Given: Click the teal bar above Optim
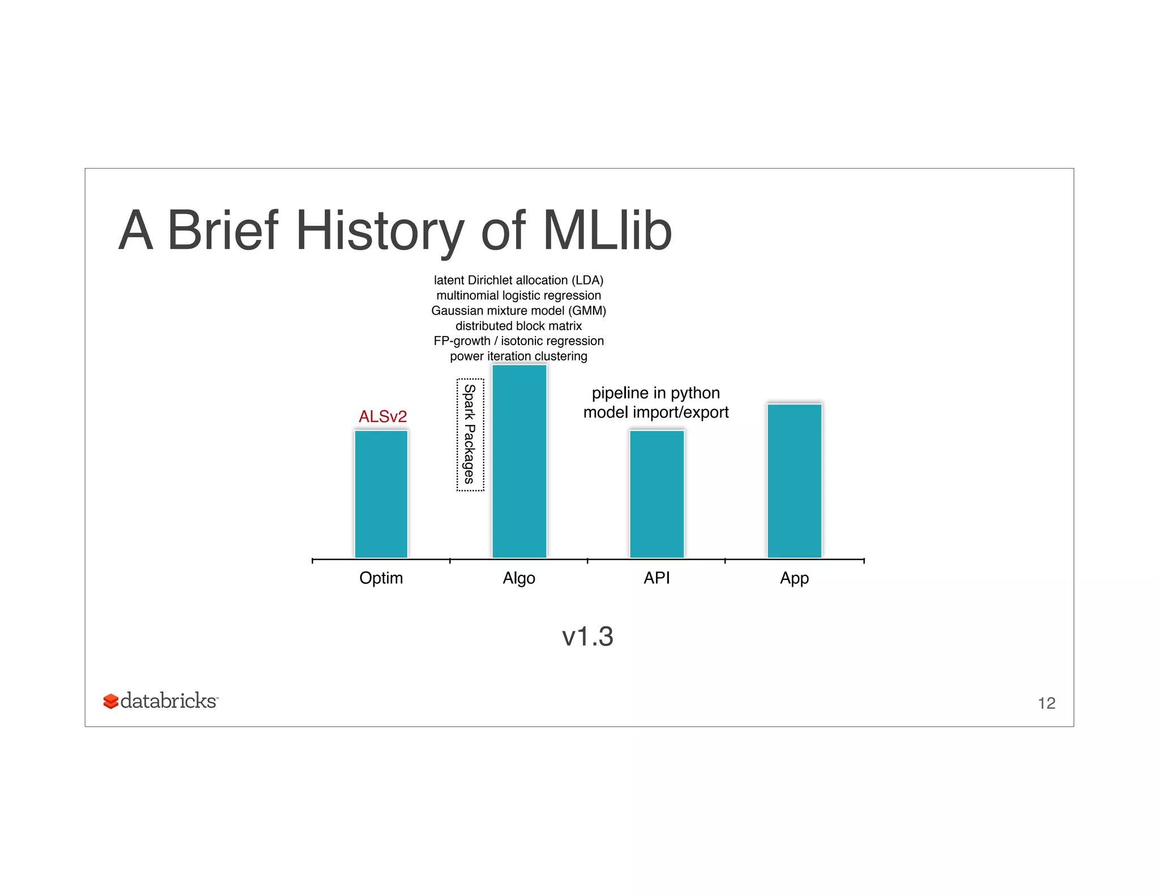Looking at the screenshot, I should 381,494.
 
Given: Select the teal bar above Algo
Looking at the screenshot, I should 519,461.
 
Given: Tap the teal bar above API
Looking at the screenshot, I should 656,494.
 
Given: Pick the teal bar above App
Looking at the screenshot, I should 794,481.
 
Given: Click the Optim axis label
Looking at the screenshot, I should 381,578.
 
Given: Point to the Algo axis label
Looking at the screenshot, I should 519,578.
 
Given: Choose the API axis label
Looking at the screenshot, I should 656,578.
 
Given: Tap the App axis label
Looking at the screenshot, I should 794,578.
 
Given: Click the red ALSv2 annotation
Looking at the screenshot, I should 383,416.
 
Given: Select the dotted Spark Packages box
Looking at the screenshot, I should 470,434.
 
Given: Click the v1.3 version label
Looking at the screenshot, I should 587,636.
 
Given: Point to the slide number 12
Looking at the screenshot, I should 1046,703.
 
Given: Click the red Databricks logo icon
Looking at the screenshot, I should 110,702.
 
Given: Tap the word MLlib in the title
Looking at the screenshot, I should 607,231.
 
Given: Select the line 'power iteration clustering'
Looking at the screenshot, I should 518,356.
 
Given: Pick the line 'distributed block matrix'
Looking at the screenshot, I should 518,326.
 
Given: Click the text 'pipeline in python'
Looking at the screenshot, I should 655,393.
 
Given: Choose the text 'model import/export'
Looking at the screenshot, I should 655,412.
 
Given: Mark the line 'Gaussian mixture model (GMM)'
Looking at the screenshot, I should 518,311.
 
